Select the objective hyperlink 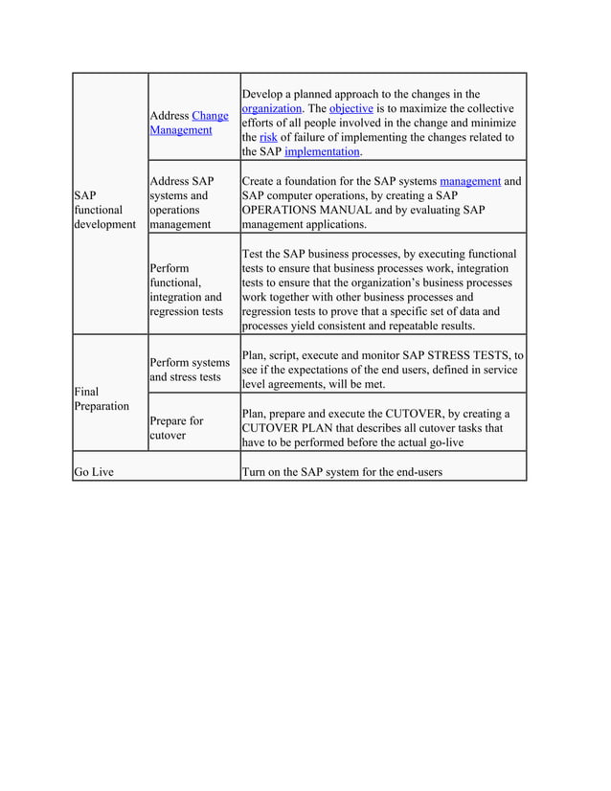click(x=351, y=108)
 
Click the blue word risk click(x=267, y=137)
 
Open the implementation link click(x=322, y=151)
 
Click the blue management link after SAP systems click(x=469, y=180)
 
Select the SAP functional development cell click(x=104, y=209)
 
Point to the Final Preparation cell click(x=101, y=398)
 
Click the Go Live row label click(x=94, y=472)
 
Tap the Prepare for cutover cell click(x=176, y=428)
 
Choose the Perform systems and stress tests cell click(x=190, y=370)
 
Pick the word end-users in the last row click(x=414, y=472)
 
